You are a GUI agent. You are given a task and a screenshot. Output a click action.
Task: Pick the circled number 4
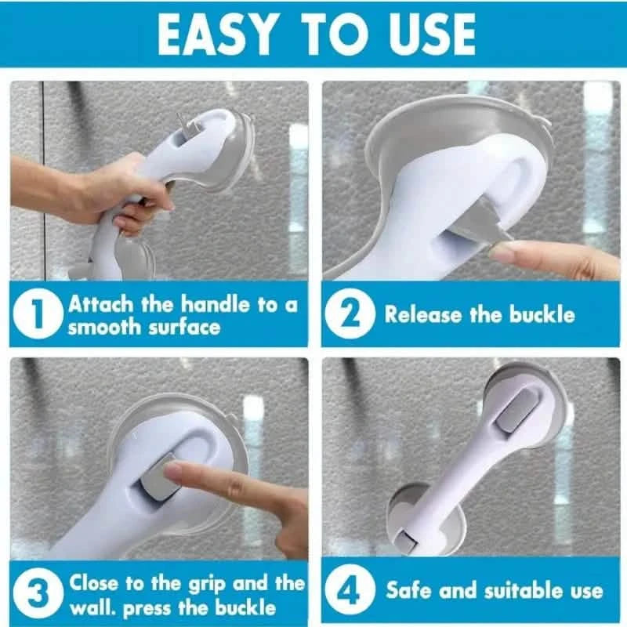[351, 594]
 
